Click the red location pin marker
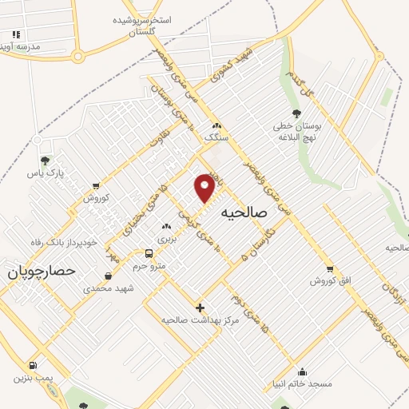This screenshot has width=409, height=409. coord(205,187)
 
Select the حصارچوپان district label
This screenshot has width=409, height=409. coord(41,272)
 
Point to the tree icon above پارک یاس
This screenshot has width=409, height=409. coord(45,161)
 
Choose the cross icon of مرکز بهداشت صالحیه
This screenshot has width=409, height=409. coord(200,308)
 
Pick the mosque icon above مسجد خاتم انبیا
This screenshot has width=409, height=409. coord(302,371)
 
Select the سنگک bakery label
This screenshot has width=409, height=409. coord(216,137)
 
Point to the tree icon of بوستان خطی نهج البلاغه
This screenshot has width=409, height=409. coord(297,113)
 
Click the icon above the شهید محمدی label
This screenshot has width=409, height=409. coord(108,276)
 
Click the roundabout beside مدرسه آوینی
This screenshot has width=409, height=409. coord(78,56)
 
